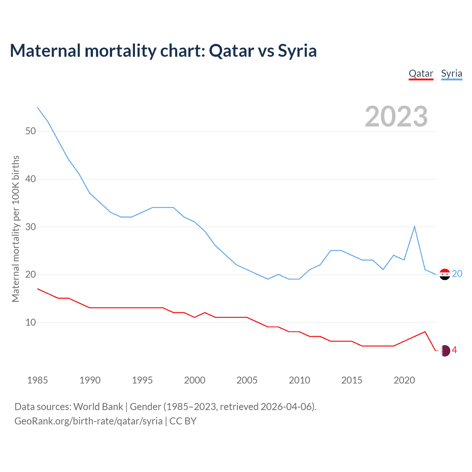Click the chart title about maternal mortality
[x=163, y=51]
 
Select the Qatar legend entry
[x=421, y=73]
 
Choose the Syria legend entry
[x=451, y=73]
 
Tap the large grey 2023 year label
[x=396, y=117]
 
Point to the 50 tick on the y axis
[x=31, y=131]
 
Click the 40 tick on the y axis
[x=31, y=179]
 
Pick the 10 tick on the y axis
[x=31, y=323]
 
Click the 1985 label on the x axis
[x=37, y=380]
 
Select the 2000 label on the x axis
[x=195, y=380]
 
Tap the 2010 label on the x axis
[x=299, y=380]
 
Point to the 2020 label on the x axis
[x=404, y=380]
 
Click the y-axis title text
[x=15, y=229]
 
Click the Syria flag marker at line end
[x=445, y=274]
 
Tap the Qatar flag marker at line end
[x=445, y=351]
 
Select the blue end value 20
[x=457, y=274]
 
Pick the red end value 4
[x=454, y=350]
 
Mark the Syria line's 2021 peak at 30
[x=414, y=226]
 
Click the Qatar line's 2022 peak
[x=425, y=332]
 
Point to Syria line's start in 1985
[x=37, y=107]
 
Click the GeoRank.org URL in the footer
[x=88, y=421]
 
